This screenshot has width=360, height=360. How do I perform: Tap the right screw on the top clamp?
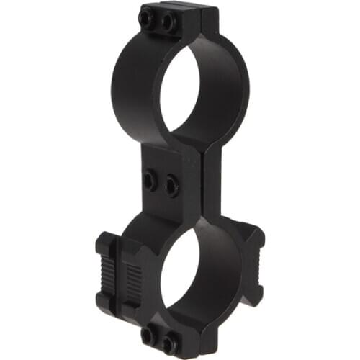[x=169, y=24]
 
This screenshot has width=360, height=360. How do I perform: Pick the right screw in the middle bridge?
[x=171, y=186]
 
